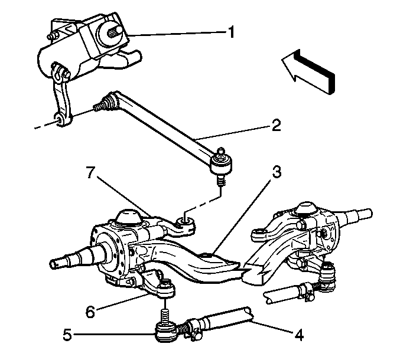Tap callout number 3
(x=277, y=172)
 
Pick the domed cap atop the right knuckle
(x=307, y=208)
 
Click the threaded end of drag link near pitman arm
(x=100, y=106)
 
